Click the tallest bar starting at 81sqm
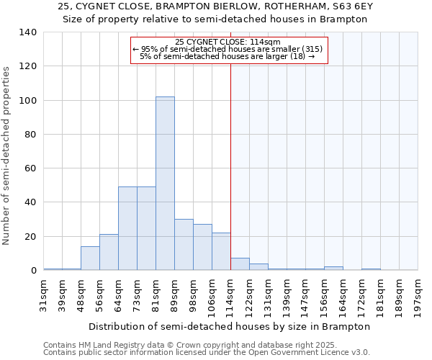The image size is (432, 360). pos(165,184)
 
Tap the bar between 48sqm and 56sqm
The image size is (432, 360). pos(90,258)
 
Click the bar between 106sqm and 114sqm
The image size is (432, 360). pos(221,251)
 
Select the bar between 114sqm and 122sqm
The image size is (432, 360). pos(240,264)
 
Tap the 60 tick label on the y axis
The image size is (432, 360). pos(30,168)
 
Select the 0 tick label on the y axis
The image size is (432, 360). pos(33,271)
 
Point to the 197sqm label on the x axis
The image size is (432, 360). pos(418,295)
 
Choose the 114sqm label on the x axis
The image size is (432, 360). pos(231,295)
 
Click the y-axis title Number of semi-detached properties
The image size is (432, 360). pos(7,155)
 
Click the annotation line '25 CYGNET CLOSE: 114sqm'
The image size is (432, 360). pos(228,42)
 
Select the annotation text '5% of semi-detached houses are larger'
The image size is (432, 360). pos(223,56)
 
